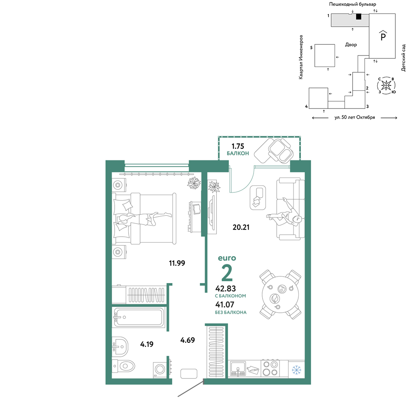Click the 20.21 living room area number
point(241,227)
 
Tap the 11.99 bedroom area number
point(177,263)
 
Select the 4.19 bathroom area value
point(147,344)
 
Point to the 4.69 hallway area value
point(187,340)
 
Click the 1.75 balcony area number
point(238,146)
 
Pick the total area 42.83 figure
point(225,289)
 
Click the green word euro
point(227,258)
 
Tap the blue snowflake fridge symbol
point(296,370)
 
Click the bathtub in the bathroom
point(139,317)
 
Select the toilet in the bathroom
point(123,366)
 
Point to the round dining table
point(280,294)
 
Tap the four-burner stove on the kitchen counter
point(270,368)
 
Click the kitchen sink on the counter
point(238,369)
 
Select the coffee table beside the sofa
point(258,198)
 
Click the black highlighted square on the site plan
point(358,16)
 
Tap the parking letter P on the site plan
point(383,36)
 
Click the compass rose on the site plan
point(386,85)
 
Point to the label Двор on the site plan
point(351,45)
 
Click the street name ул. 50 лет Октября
point(355,118)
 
